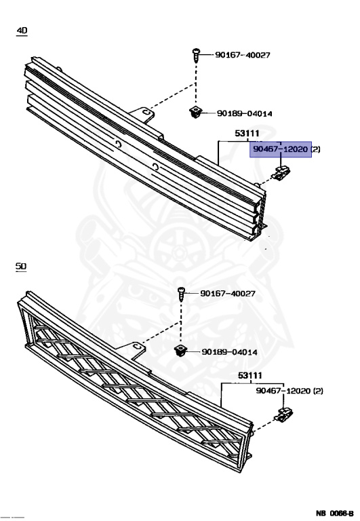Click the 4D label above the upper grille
click(x=23, y=31)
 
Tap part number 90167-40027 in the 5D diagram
click(x=227, y=294)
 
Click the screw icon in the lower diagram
click(x=181, y=294)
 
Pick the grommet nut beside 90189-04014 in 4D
click(x=195, y=113)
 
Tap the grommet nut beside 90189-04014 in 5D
click(x=181, y=351)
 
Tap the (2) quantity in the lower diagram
click(x=319, y=391)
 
